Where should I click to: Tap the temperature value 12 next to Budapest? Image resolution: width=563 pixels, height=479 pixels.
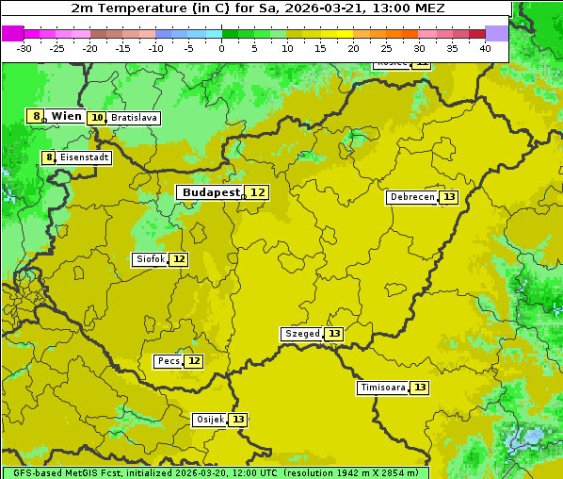pyautogui.click(x=257, y=192)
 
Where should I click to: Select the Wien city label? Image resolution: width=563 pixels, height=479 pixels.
pyautogui.click(x=66, y=116)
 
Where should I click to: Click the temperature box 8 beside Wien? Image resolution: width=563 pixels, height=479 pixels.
pyautogui.click(x=36, y=116)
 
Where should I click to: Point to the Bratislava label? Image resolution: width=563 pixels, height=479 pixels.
pyautogui.click(x=133, y=118)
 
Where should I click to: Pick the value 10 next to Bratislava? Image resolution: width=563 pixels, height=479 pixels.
pyautogui.click(x=97, y=118)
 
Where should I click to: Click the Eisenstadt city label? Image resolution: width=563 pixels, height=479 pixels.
pyautogui.click(x=84, y=157)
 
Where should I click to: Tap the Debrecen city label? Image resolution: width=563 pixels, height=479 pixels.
pyautogui.click(x=410, y=197)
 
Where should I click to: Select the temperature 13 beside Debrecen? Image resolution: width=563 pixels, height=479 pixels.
pyautogui.click(x=449, y=197)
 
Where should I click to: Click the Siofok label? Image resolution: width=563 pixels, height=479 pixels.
pyautogui.click(x=149, y=259)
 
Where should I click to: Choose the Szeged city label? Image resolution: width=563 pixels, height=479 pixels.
pyautogui.click(x=301, y=334)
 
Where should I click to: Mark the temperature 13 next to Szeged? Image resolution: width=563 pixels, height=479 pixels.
pyautogui.click(x=334, y=334)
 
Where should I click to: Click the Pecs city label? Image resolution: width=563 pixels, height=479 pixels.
pyautogui.click(x=169, y=361)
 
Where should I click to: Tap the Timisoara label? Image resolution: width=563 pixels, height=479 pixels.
pyautogui.click(x=382, y=388)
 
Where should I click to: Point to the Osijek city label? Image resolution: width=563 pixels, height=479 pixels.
pyautogui.click(x=209, y=420)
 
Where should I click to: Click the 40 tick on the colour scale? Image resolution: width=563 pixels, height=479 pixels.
pyautogui.click(x=485, y=48)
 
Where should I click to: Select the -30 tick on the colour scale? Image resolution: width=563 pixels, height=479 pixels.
pyautogui.click(x=24, y=48)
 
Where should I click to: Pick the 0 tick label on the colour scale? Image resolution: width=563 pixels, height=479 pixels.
pyautogui.click(x=222, y=48)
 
